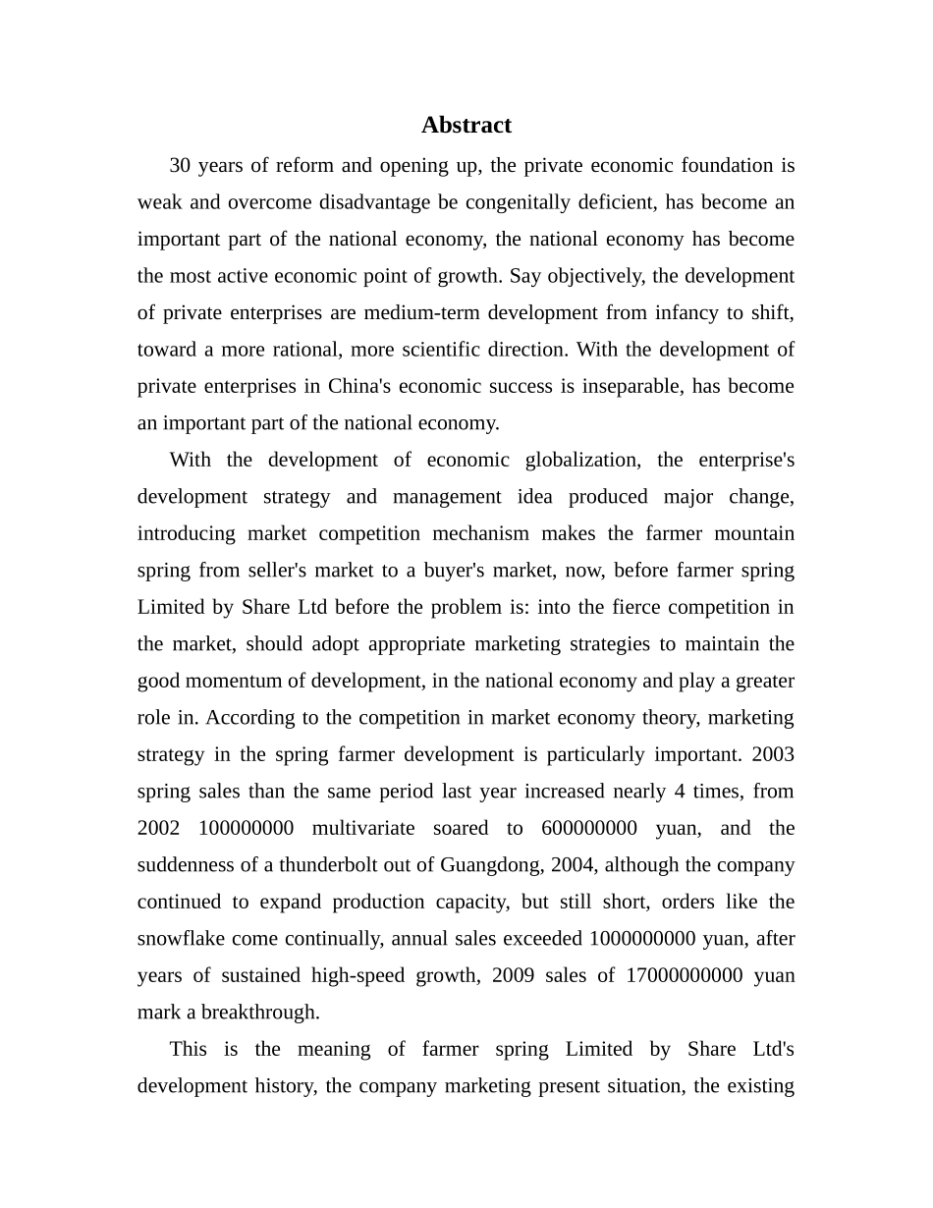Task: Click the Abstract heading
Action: point(466,126)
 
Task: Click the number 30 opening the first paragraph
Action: point(181,165)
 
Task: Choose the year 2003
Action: point(773,754)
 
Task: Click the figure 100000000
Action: point(246,828)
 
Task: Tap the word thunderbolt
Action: point(331,865)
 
